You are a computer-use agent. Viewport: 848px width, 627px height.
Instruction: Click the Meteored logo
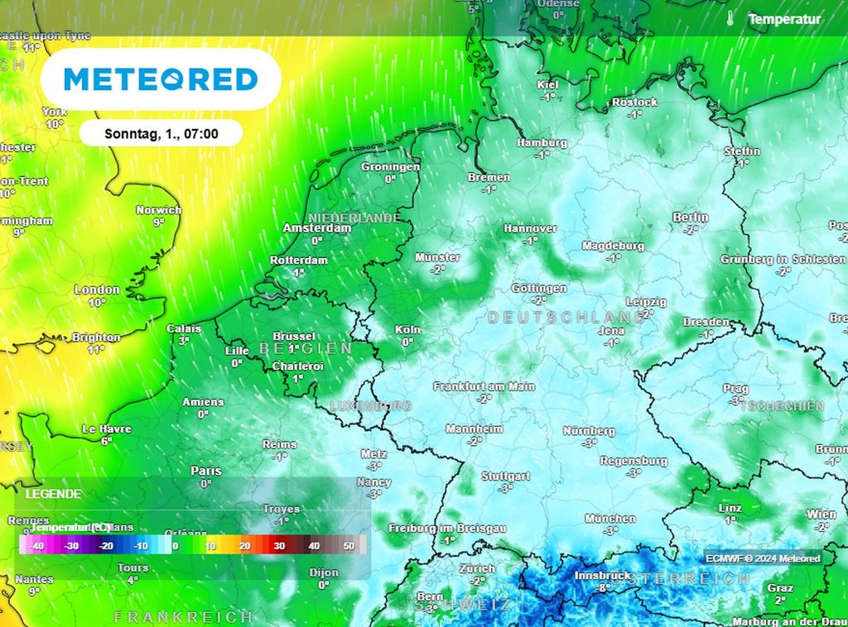pos(161,79)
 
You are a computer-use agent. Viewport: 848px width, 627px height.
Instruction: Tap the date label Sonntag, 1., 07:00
pos(161,133)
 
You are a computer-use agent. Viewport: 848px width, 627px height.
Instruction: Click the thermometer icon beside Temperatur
pos(730,18)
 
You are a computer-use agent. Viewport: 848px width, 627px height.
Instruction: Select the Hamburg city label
pos(542,143)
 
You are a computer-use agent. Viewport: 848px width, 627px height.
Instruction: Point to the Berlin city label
pos(690,218)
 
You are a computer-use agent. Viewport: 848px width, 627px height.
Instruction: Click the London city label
pos(97,290)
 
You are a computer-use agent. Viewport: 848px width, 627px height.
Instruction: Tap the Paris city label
pos(206,471)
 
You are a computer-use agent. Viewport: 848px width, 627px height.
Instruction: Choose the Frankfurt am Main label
pos(484,386)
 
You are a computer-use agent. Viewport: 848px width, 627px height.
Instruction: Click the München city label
pos(610,519)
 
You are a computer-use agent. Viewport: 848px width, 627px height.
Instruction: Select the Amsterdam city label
pos(317,227)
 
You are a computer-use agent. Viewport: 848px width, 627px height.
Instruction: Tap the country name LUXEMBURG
pos(370,406)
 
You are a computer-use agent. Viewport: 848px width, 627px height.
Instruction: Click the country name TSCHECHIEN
pos(782,406)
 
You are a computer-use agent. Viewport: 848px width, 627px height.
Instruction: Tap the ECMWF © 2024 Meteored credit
pos(763,558)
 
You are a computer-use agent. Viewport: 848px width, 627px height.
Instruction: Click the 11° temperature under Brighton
pos(96,350)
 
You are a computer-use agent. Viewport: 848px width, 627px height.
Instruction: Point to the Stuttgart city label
pos(505,476)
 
